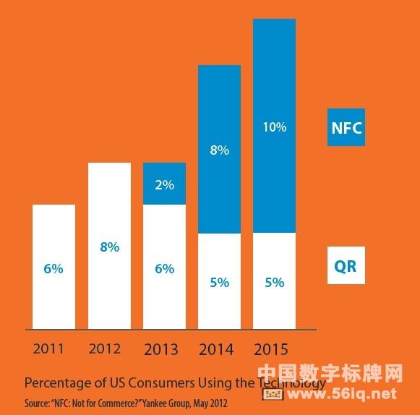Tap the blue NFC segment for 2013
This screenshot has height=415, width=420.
[164, 184]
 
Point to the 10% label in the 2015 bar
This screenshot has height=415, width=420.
[275, 127]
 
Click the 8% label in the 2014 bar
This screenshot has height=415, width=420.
[219, 150]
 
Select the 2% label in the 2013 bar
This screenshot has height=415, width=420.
[164, 185]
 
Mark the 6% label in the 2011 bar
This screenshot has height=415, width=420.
[53, 269]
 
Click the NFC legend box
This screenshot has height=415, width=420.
[346, 127]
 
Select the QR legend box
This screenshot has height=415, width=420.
[346, 265]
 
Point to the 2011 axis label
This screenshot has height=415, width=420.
[48, 349]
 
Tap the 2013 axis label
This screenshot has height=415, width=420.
[161, 349]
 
